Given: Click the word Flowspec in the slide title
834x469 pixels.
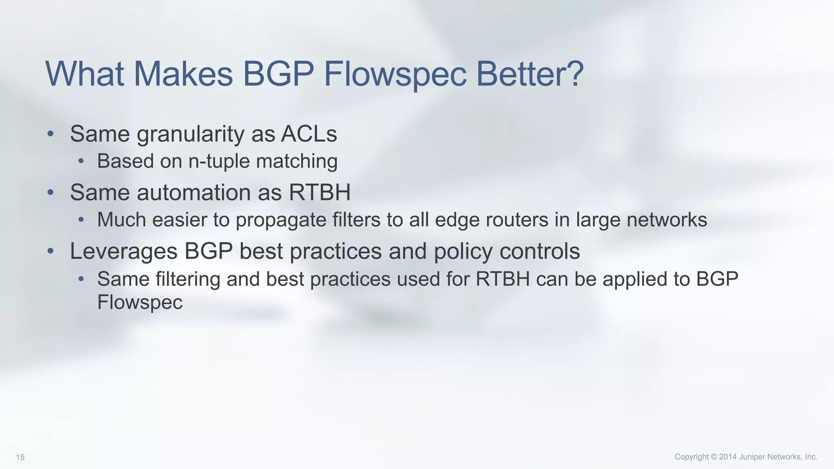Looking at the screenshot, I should pos(395,74).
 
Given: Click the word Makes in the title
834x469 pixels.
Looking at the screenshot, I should pos(183,74).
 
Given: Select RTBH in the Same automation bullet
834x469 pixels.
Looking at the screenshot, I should pos(320,193).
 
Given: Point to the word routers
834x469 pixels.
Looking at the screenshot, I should pos(511,220).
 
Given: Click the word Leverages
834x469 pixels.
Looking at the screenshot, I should pos(123,252).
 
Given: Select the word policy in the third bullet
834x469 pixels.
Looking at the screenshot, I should pos(463,252).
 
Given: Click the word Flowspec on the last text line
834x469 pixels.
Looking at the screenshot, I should pos(140,302).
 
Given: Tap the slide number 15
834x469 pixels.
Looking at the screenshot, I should pos(20,458).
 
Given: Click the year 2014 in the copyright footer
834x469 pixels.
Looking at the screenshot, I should pos(728,457).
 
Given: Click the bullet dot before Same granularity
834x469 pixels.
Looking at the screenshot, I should pos(50,134).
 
